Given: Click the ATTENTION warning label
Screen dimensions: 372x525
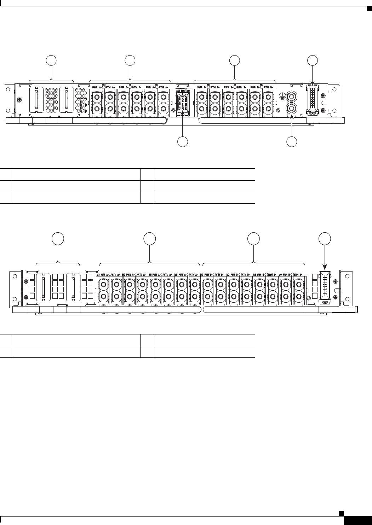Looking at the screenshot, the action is [x=183, y=103].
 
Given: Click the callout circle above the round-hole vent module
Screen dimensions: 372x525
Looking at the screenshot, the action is [x=52, y=60].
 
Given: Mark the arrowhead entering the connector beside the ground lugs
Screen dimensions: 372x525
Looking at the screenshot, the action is [x=312, y=84].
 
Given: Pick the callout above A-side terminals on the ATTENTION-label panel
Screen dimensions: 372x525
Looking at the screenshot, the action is [x=131, y=60].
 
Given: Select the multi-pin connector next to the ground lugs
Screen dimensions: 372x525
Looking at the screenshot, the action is [x=312, y=100].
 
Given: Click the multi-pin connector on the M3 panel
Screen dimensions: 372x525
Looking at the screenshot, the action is [x=325, y=287].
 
